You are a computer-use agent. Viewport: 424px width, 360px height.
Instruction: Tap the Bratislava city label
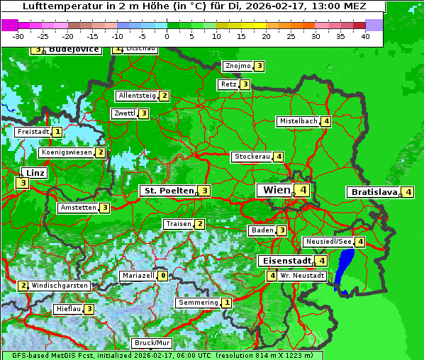(372, 192)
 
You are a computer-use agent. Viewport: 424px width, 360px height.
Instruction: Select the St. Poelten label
(168, 191)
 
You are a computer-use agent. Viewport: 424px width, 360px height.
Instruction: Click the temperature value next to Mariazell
(163, 276)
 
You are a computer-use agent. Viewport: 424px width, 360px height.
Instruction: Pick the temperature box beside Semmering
(226, 303)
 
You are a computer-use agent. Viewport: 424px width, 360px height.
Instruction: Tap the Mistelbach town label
(298, 121)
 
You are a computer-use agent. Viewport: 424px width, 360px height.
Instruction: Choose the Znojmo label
(238, 66)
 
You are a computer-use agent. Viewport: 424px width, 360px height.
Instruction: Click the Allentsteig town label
(137, 96)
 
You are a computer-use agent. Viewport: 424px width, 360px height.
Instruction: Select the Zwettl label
(124, 113)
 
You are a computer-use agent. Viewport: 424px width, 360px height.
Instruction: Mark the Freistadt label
(33, 132)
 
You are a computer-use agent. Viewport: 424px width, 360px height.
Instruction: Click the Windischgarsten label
(60, 286)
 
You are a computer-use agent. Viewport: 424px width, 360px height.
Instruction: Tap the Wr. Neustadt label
(302, 276)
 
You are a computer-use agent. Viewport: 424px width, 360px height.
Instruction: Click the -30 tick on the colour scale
(18, 36)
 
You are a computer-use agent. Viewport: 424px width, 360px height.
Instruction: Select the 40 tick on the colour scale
(365, 36)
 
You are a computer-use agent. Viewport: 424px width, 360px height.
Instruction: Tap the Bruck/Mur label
(152, 343)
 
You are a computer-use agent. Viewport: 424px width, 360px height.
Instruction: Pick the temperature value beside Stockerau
(279, 157)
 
